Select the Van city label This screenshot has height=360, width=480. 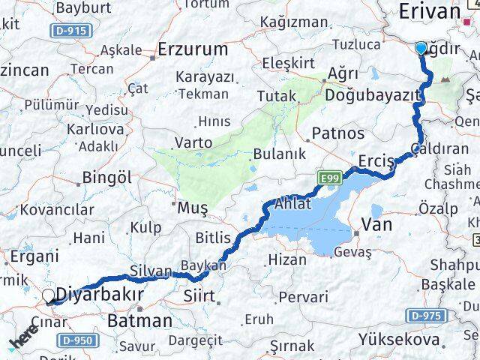pos(377,223)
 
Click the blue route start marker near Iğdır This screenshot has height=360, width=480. pos(421,49)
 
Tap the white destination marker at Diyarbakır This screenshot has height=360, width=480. pos(49,296)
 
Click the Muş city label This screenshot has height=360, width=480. pos(191,206)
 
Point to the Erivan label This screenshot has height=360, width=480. pos(429,11)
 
